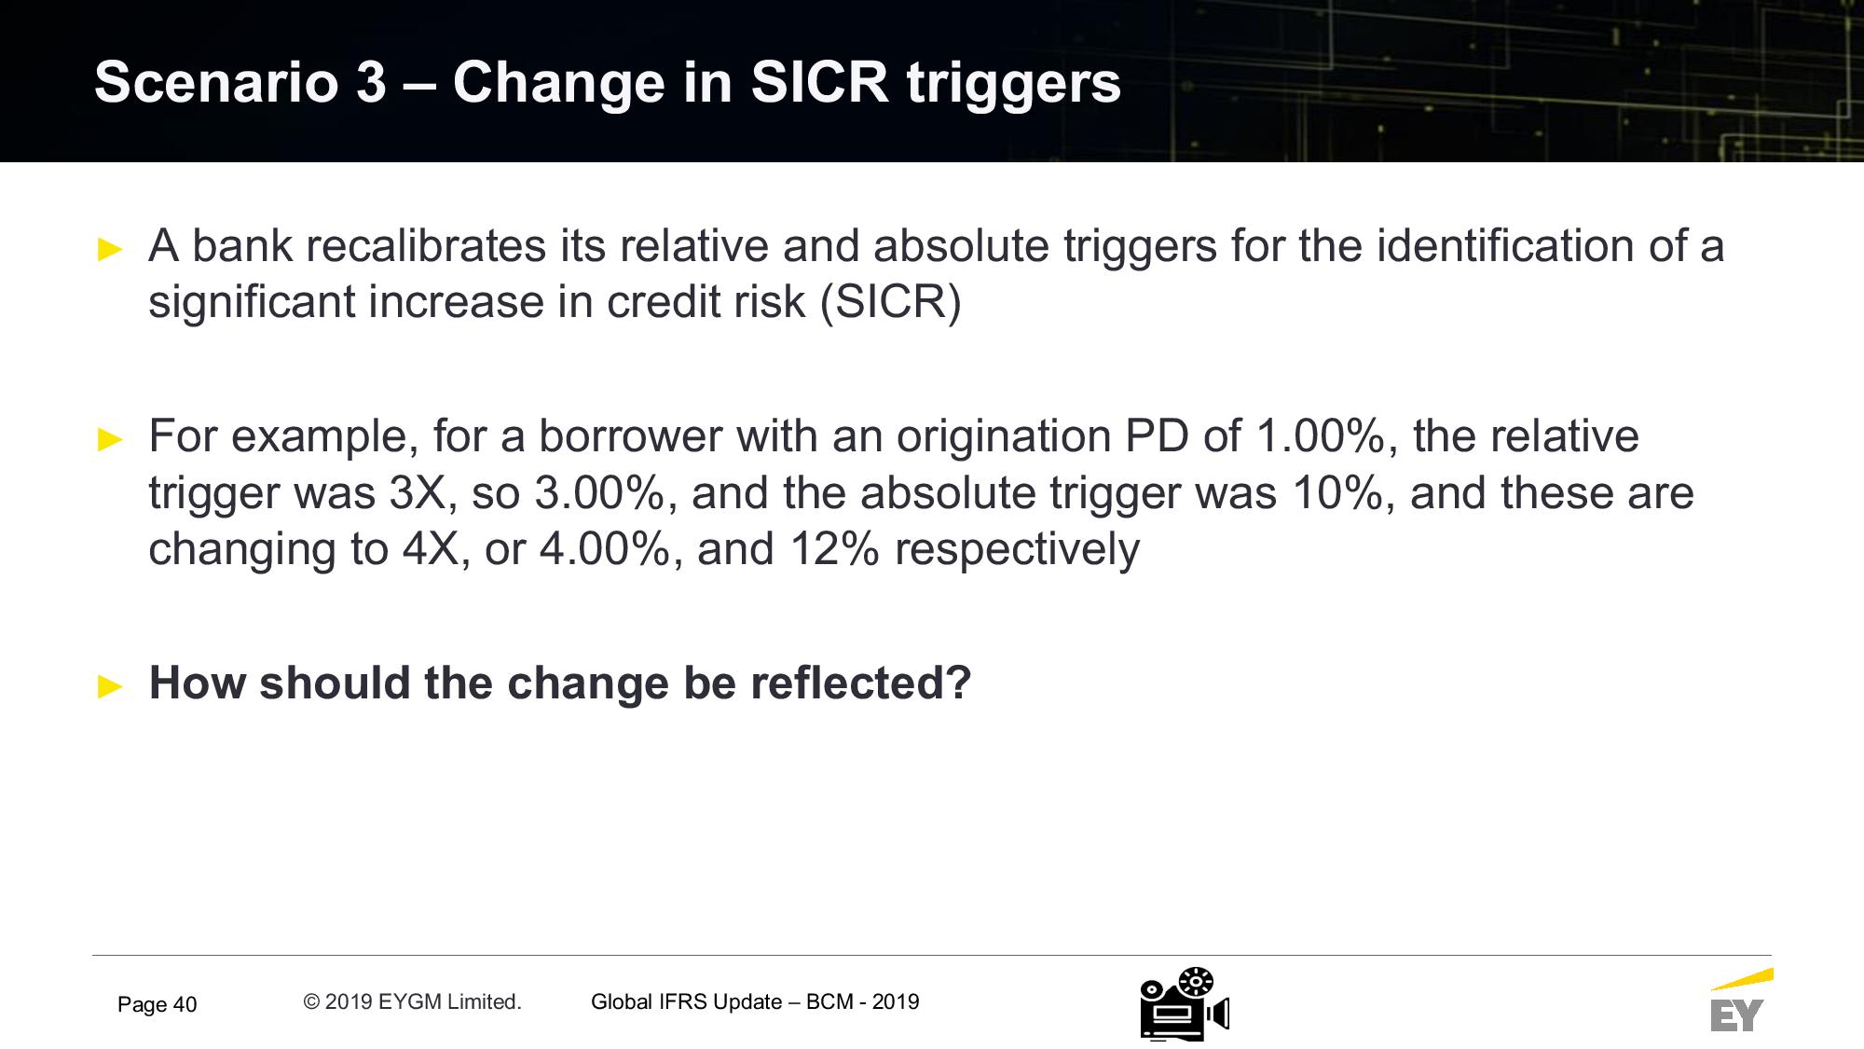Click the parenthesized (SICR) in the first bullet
coord(890,302)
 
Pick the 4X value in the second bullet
coord(436,549)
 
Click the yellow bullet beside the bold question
coord(110,686)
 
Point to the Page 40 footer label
coord(158,1005)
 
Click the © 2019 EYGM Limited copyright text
coord(412,1002)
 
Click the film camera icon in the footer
coord(1185,1004)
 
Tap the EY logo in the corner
coord(1740,1001)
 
